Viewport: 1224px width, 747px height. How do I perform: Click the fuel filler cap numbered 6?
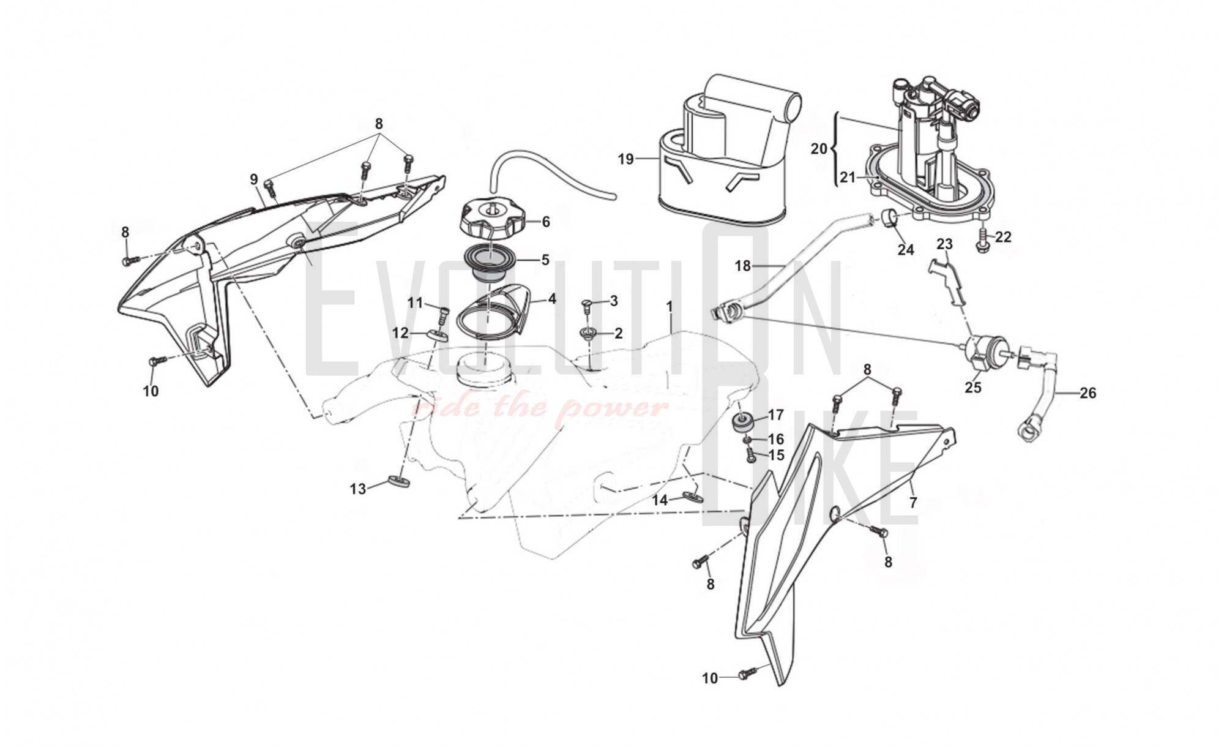click(491, 219)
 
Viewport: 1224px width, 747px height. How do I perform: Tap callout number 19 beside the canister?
click(625, 159)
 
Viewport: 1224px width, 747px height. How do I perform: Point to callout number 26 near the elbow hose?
click(1088, 392)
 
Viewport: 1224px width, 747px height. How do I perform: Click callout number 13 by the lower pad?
click(358, 489)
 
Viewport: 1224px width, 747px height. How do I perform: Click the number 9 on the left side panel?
click(254, 179)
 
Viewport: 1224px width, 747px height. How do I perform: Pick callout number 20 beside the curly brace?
click(819, 148)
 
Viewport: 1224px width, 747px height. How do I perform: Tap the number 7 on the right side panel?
click(913, 503)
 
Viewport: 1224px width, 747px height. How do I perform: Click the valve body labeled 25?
click(982, 352)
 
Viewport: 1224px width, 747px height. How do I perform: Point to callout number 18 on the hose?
click(742, 266)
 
